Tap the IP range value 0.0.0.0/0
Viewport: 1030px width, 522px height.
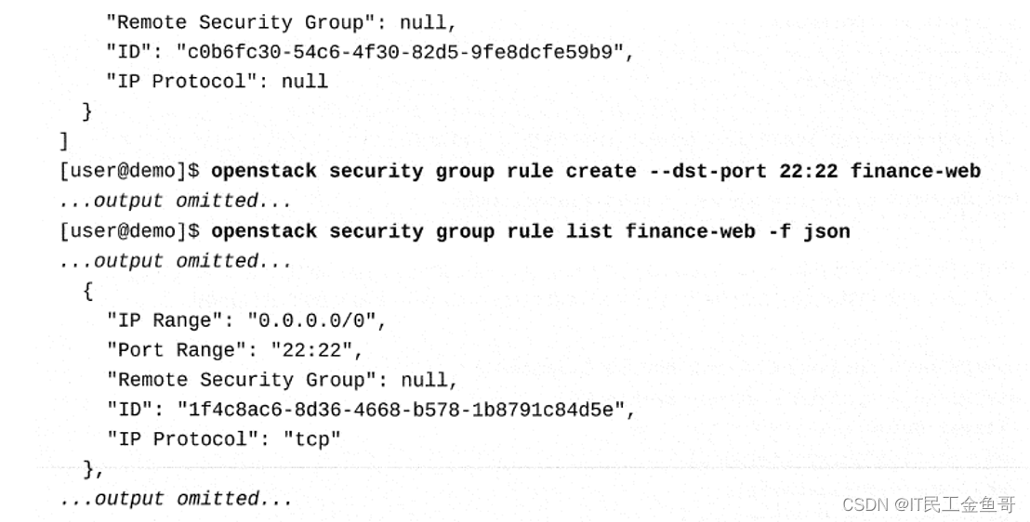(315, 320)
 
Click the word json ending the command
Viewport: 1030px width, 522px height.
(826, 231)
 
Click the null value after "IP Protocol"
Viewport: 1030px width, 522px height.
(304, 82)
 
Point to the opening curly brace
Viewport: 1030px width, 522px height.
(87, 291)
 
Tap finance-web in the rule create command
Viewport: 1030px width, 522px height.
(915, 171)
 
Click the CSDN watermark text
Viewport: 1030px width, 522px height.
(928, 504)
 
